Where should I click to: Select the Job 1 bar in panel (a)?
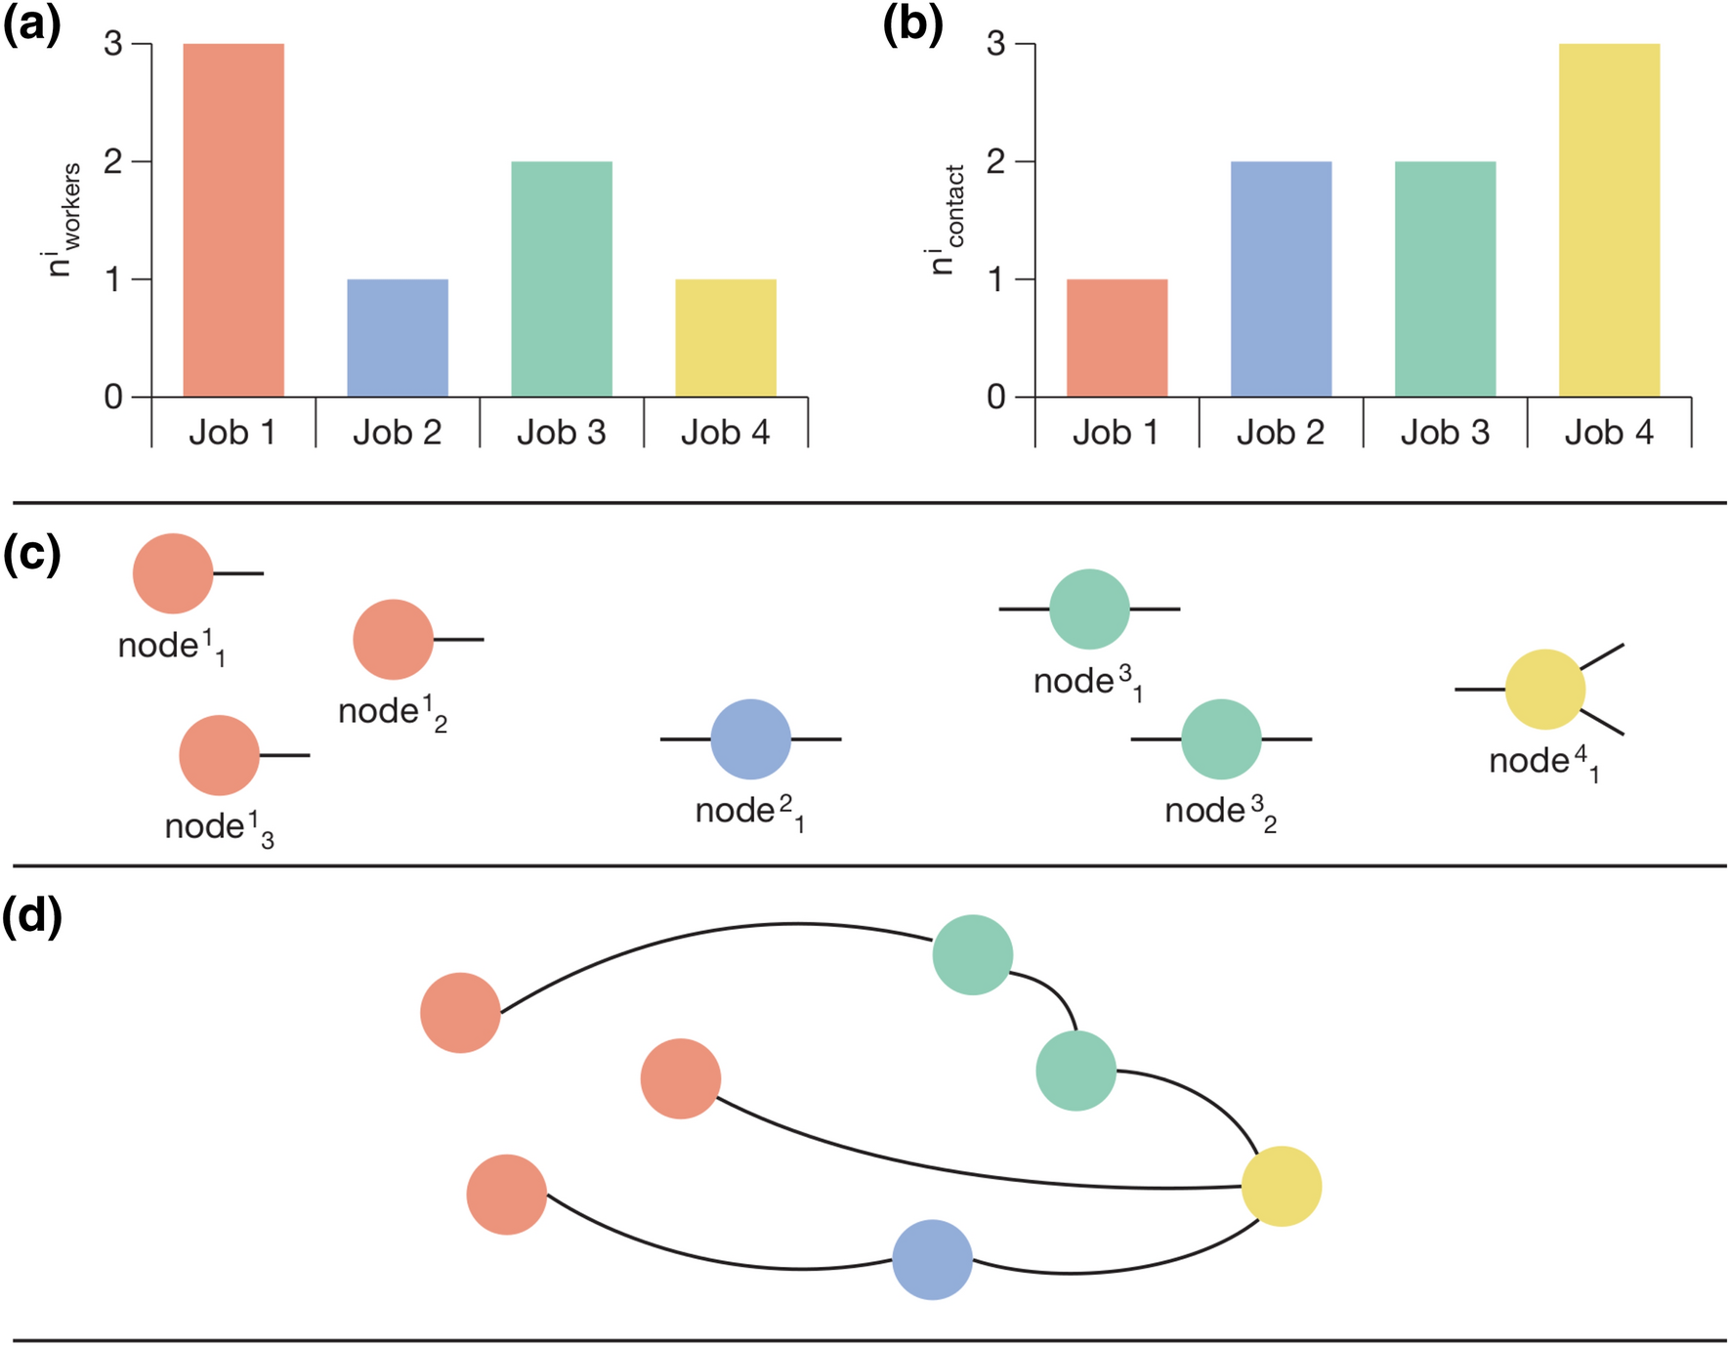(x=233, y=220)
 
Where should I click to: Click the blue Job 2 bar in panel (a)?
(x=398, y=338)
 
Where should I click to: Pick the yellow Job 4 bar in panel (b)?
(x=1609, y=220)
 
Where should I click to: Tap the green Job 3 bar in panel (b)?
(x=1445, y=279)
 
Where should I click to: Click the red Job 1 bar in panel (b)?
(x=1117, y=338)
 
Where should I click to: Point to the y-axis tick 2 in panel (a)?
(x=113, y=162)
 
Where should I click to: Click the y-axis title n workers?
(x=64, y=220)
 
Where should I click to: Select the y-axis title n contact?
(x=947, y=220)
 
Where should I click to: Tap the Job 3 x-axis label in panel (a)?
(x=561, y=432)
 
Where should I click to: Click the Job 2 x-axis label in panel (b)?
(x=1280, y=432)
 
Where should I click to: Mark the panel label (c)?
(x=31, y=555)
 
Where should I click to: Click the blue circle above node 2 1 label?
(x=750, y=739)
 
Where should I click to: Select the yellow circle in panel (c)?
(x=1544, y=690)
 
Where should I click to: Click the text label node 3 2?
(x=1220, y=812)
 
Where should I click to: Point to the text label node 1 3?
(x=219, y=828)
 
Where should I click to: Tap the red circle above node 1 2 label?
(x=393, y=640)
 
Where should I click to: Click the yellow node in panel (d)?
(x=1281, y=1186)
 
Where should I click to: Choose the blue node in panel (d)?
(x=932, y=1259)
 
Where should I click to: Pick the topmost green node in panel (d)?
(x=972, y=954)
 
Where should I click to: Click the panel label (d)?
(x=31, y=917)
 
